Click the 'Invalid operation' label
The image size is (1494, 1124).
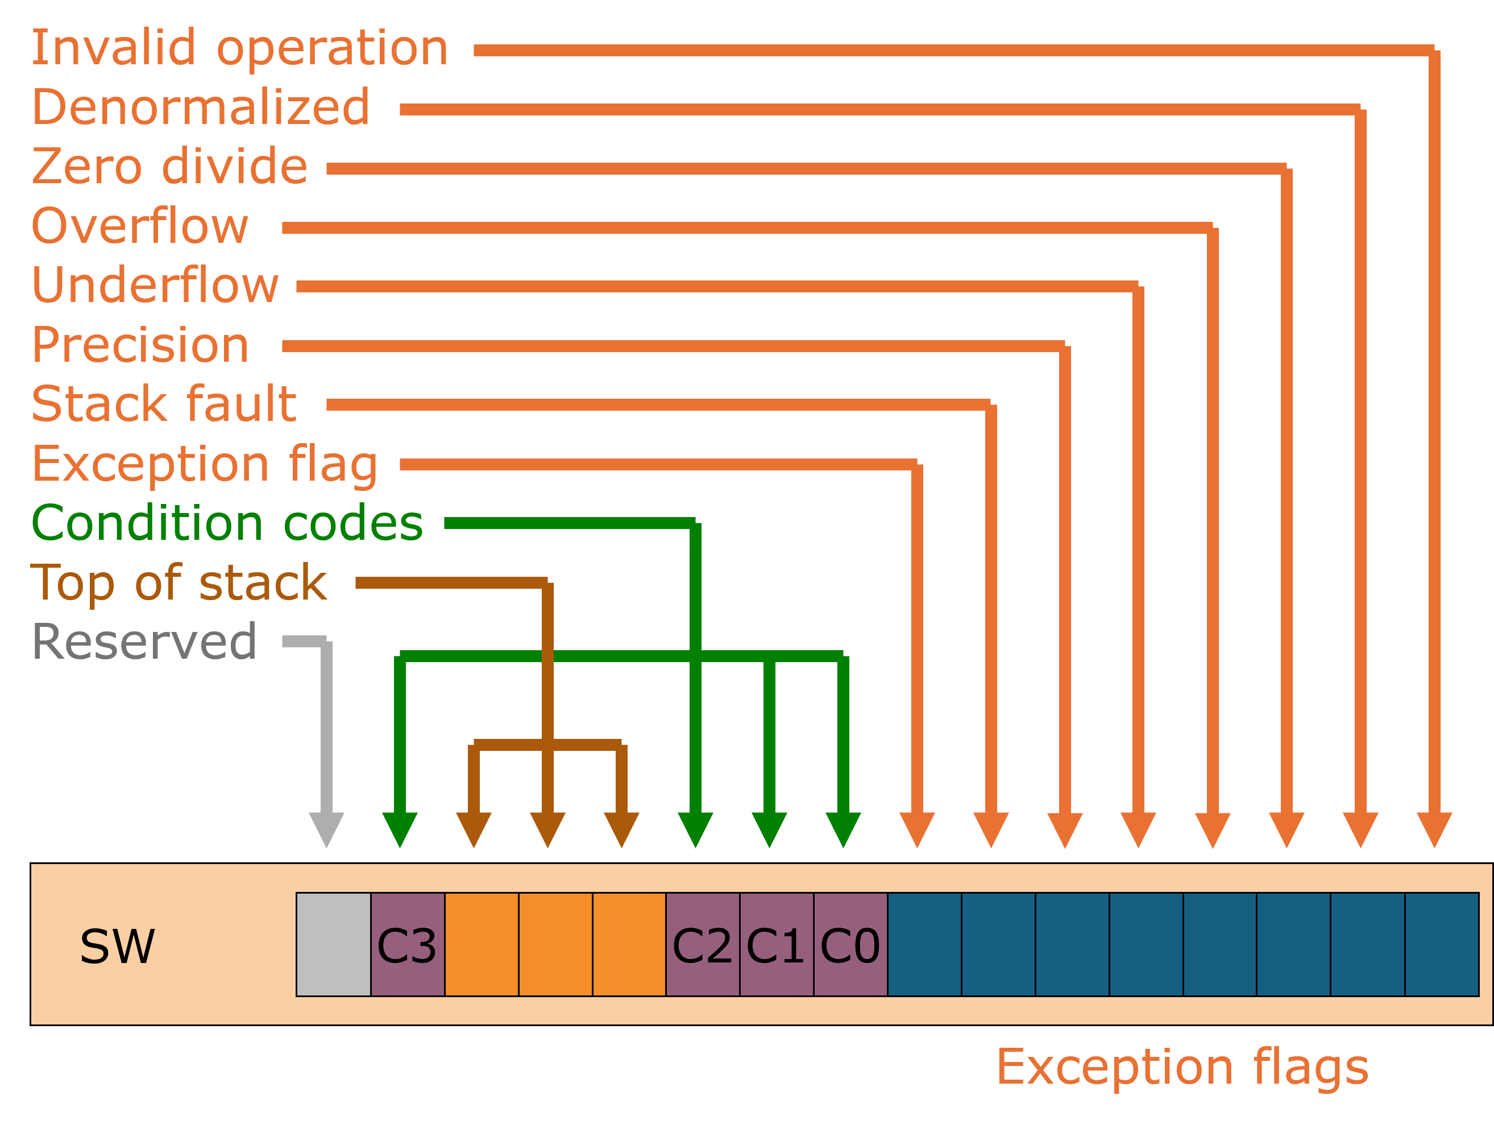(240, 49)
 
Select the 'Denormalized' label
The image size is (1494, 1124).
(201, 108)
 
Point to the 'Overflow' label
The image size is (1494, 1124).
(140, 226)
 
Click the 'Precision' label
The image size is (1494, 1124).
(140, 345)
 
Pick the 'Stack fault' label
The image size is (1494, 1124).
(164, 404)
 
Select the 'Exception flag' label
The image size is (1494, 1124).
(205, 465)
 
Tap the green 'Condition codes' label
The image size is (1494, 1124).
(227, 524)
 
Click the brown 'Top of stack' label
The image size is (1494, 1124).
(179, 582)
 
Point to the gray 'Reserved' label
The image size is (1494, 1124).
(144, 642)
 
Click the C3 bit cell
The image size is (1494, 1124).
(406, 945)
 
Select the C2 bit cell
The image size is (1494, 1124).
(703, 945)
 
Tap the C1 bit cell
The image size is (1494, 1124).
(776, 945)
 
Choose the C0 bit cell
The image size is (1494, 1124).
(850, 945)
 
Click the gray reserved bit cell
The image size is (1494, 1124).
(333, 945)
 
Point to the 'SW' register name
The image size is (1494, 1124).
(117, 946)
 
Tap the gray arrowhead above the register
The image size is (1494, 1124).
(326, 828)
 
